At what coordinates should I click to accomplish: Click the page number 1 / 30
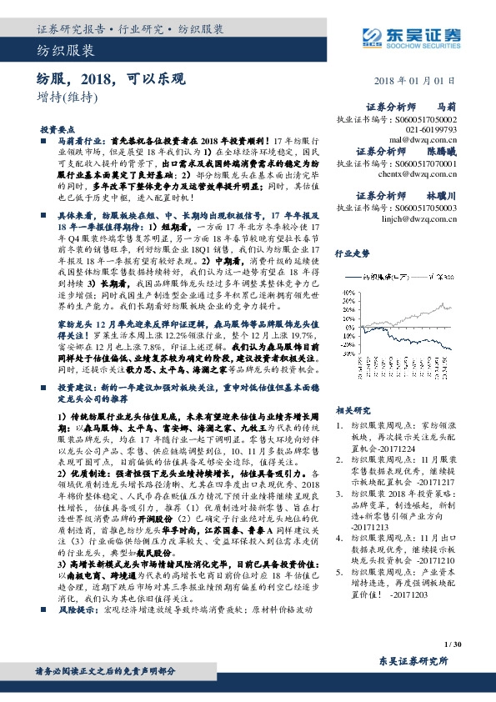tap(453, 644)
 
